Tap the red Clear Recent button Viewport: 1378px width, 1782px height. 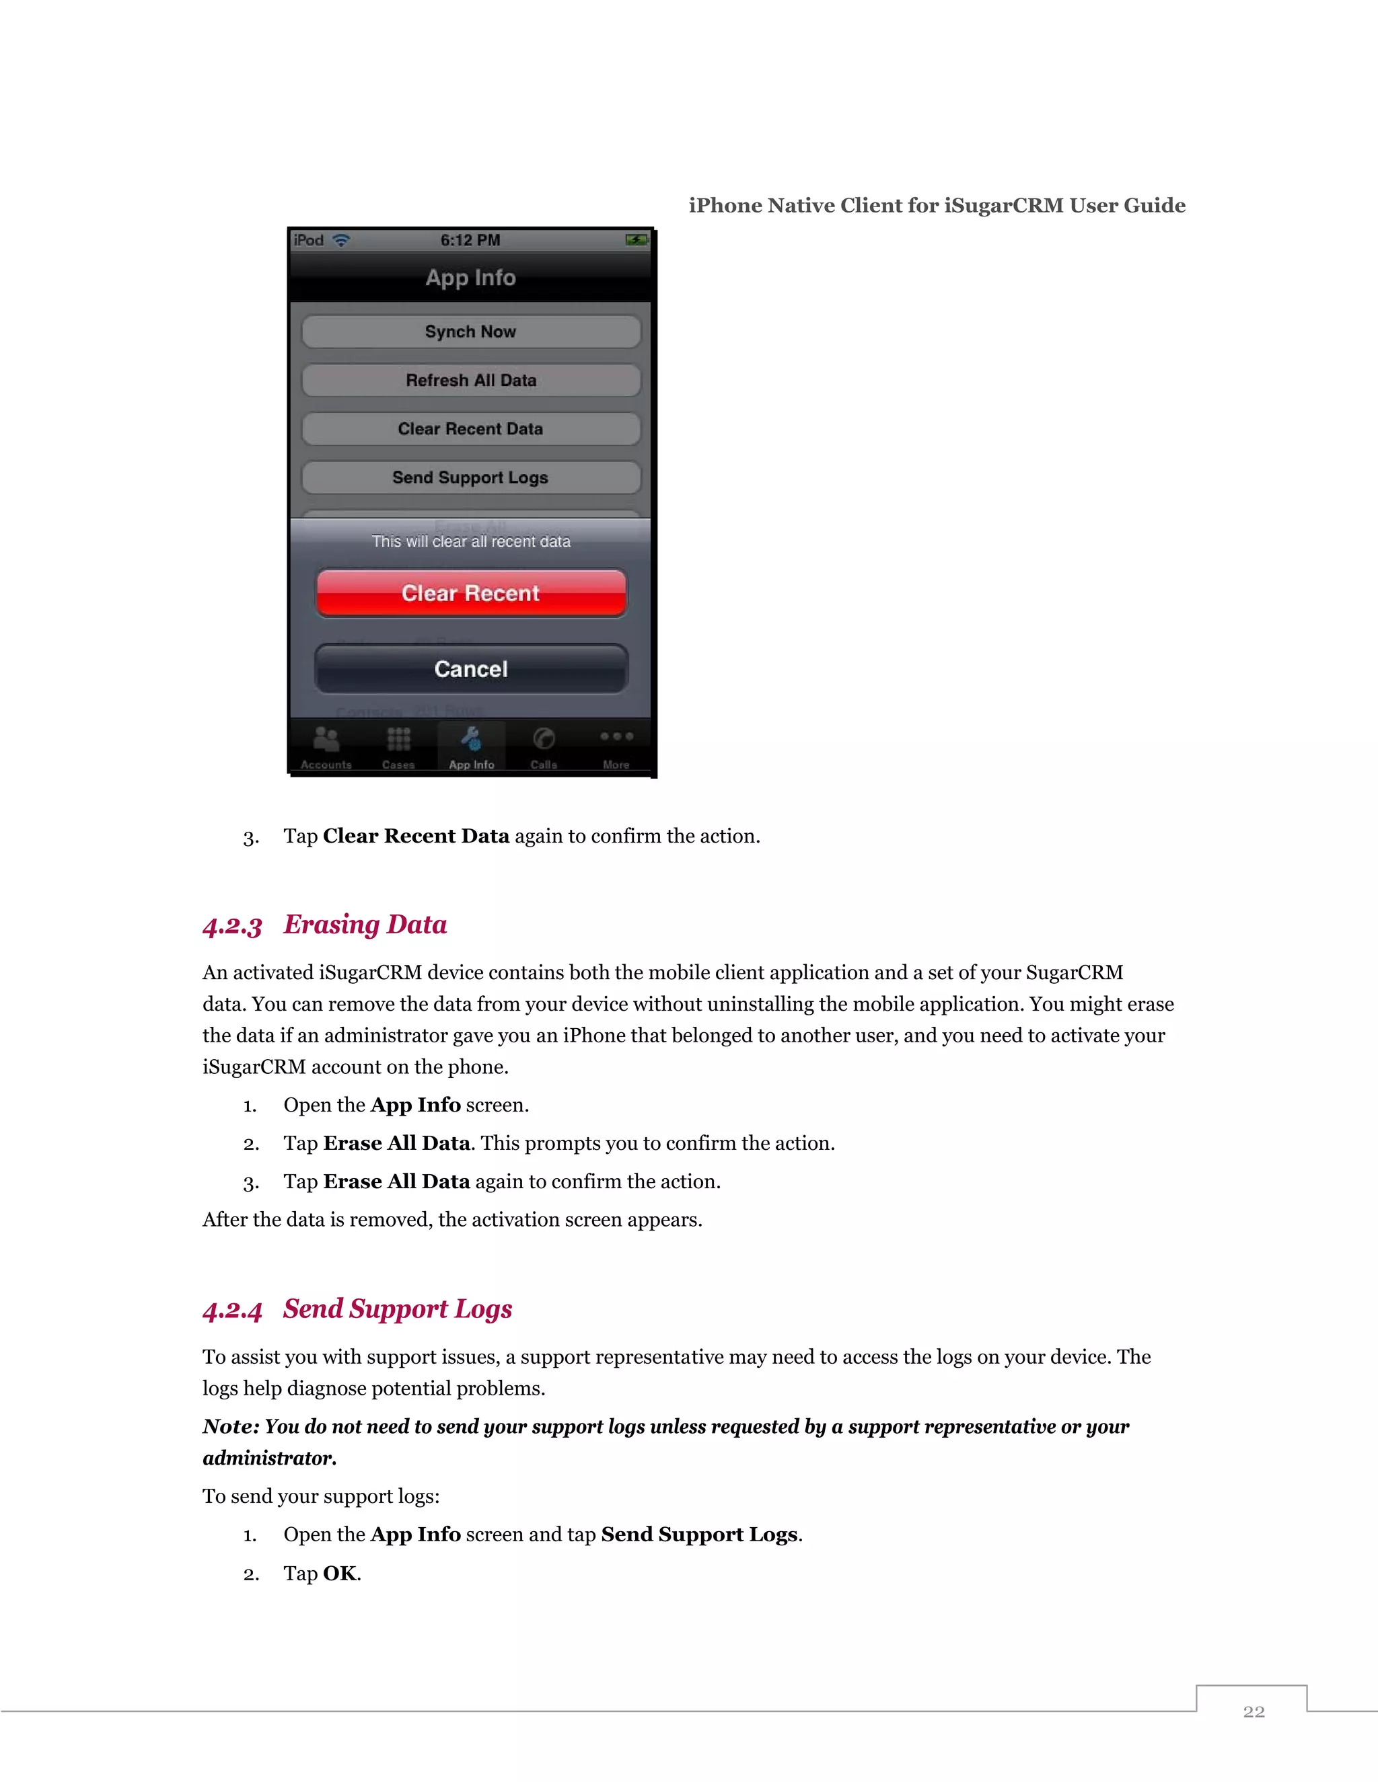pyautogui.click(x=471, y=593)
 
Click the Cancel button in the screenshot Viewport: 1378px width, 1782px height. pyautogui.click(x=471, y=669)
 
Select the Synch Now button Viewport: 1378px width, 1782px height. pyautogui.click(x=471, y=332)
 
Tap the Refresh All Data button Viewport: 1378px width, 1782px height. pyautogui.click(x=471, y=380)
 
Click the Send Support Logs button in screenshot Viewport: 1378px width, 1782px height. pyautogui.click(x=471, y=477)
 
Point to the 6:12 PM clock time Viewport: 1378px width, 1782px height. pyautogui.click(x=470, y=241)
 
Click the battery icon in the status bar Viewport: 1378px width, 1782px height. pyautogui.click(x=636, y=240)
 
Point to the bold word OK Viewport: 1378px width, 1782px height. pyautogui.click(x=340, y=1573)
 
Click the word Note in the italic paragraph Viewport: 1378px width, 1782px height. pyautogui.click(x=229, y=1426)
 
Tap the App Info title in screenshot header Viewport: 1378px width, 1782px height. pyautogui.click(x=471, y=278)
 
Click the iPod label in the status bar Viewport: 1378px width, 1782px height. pyautogui.click(x=309, y=241)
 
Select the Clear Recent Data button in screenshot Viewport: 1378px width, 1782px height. pyautogui.click(x=471, y=429)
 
